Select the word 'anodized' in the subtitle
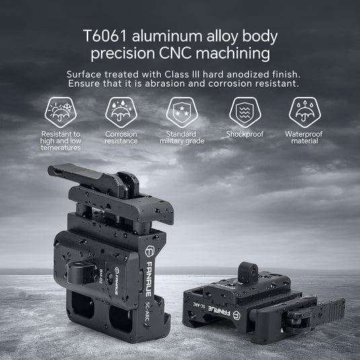point(241,73)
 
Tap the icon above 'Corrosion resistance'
point(121,111)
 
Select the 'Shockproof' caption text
point(245,135)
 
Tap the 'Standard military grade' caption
point(184,138)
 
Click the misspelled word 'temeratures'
point(59,148)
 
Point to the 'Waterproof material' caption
point(304,138)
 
